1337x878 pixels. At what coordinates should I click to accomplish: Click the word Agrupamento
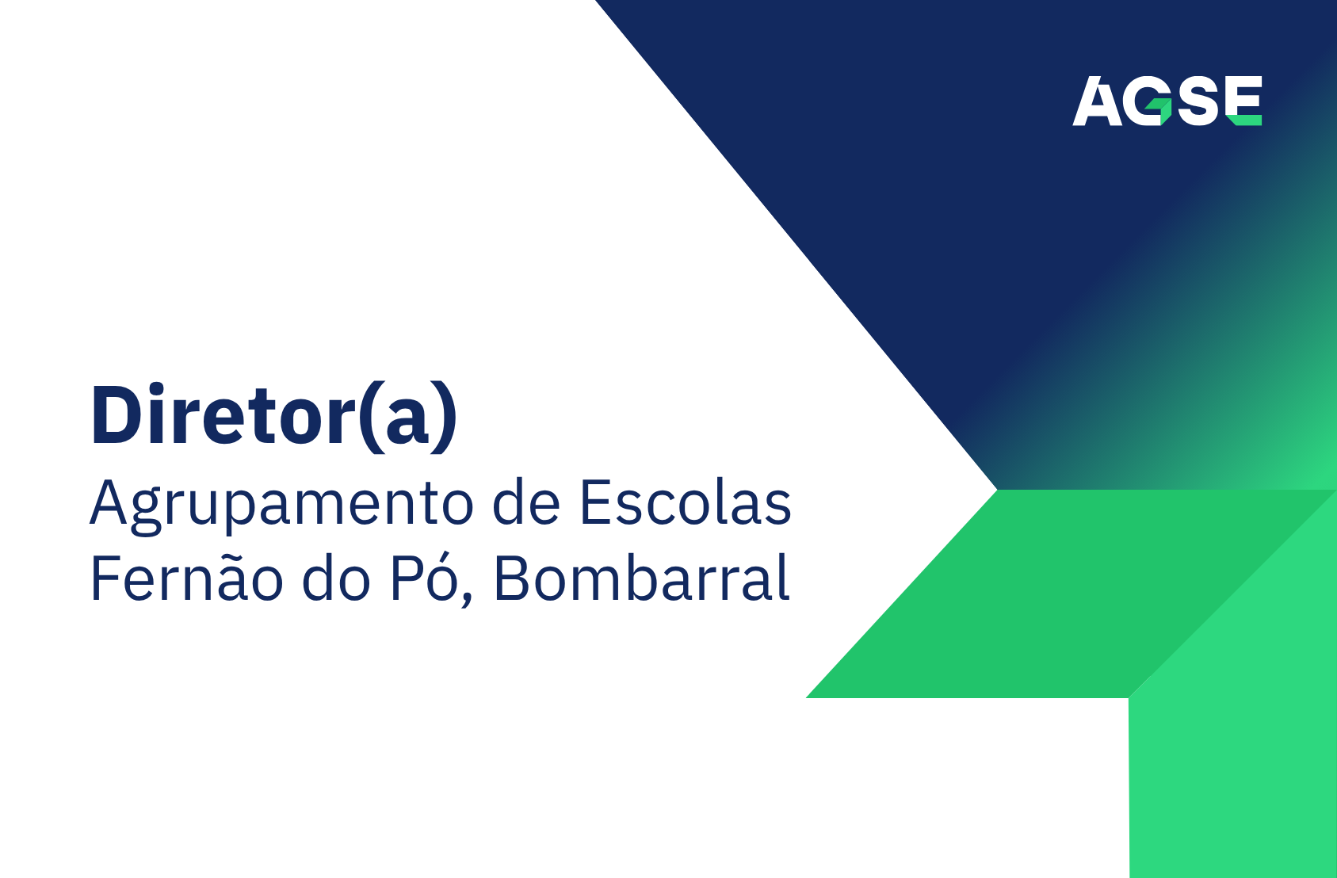coord(281,504)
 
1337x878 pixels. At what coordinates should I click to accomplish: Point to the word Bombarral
coord(642,578)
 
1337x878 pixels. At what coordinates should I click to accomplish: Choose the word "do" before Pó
coord(336,578)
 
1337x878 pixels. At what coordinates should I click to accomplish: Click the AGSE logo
coord(1167,101)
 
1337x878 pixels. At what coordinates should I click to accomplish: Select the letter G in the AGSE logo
coord(1148,101)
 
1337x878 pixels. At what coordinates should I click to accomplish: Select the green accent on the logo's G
coord(1162,109)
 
